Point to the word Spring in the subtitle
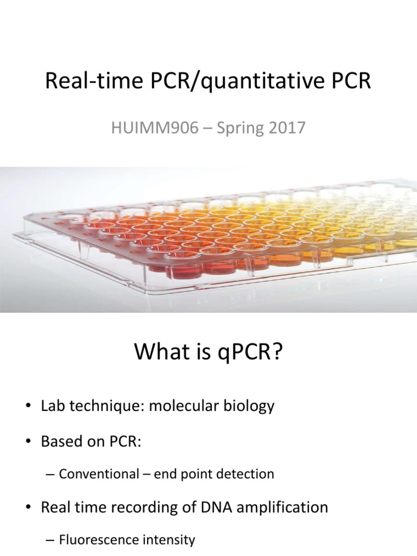pos(237,129)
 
